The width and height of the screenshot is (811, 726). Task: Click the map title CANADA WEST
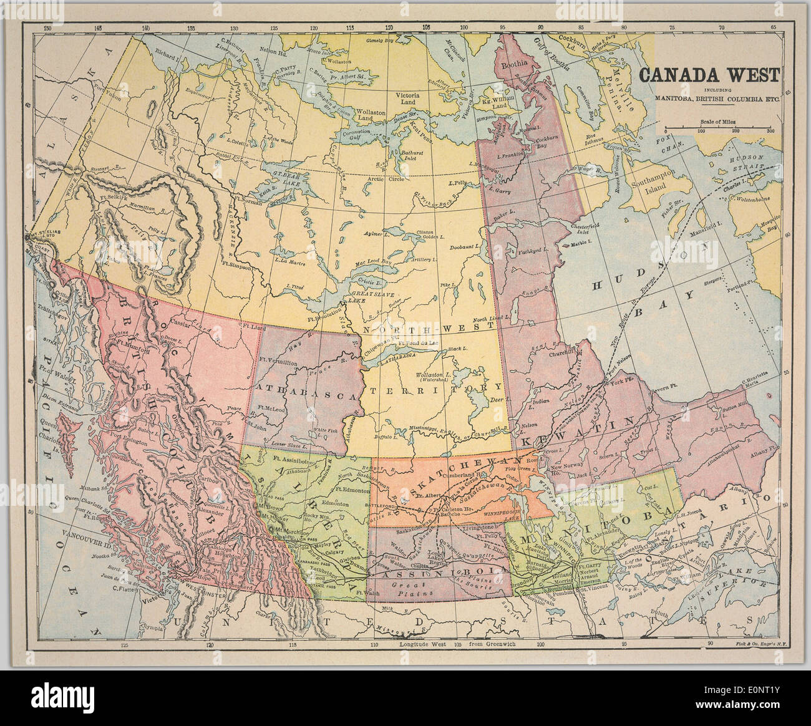(x=709, y=75)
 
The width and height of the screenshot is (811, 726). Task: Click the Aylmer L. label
(x=378, y=233)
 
